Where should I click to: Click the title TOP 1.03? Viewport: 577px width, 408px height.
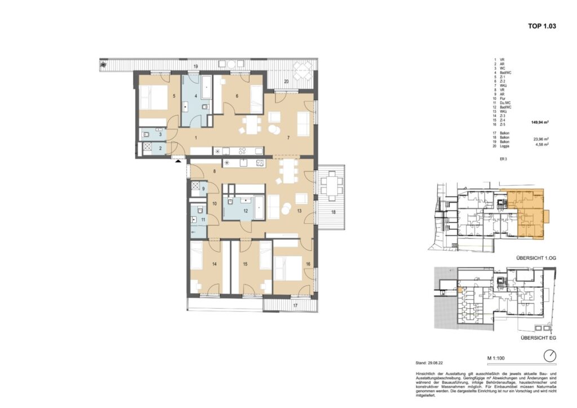tap(542, 26)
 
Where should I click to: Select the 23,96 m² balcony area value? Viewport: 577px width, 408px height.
tap(542, 138)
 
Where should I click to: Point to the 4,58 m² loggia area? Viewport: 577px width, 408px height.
tap(542, 144)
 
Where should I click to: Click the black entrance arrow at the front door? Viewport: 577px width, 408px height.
tap(179, 161)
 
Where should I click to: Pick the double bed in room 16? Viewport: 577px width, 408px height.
tap(288, 265)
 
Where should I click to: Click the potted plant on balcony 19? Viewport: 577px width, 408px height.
tap(103, 65)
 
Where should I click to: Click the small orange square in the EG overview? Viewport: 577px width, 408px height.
tap(460, 290)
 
